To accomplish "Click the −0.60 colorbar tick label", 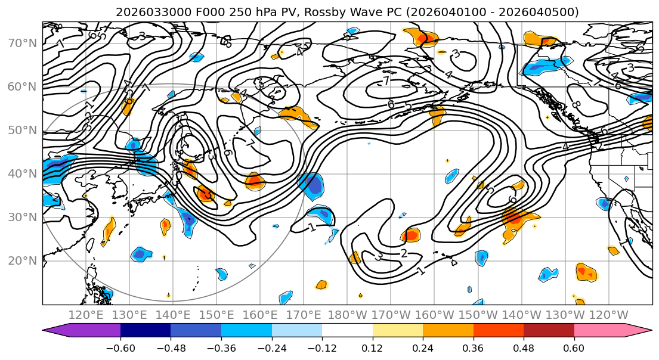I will tap(120, 348).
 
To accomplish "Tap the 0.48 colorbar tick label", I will tap(524, 348).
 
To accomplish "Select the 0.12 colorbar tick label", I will tap(372, 348).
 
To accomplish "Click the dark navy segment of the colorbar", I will tap(146, 330).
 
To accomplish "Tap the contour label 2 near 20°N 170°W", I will tap(404, 254).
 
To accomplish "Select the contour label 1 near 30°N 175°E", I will tap(312, 227).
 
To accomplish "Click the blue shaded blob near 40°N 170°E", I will tap(312, 185).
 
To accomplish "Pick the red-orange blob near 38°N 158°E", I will tap(255, 180).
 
